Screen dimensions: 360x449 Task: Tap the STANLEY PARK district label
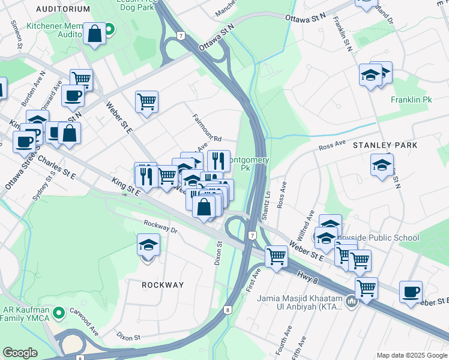coord(384,145)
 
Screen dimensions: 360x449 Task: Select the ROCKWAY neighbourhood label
coord(163,285)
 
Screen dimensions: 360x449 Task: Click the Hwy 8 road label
coord(307,275)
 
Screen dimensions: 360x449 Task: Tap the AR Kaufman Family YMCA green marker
coord(58,313)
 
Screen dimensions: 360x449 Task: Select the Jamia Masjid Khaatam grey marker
coord(352,303)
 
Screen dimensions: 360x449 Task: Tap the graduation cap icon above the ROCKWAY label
coord(148,245)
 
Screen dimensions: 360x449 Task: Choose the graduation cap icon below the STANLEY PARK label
coord(382,165)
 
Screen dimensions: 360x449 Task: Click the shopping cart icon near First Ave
coord(276,256)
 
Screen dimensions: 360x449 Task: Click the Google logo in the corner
coord(20,353)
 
